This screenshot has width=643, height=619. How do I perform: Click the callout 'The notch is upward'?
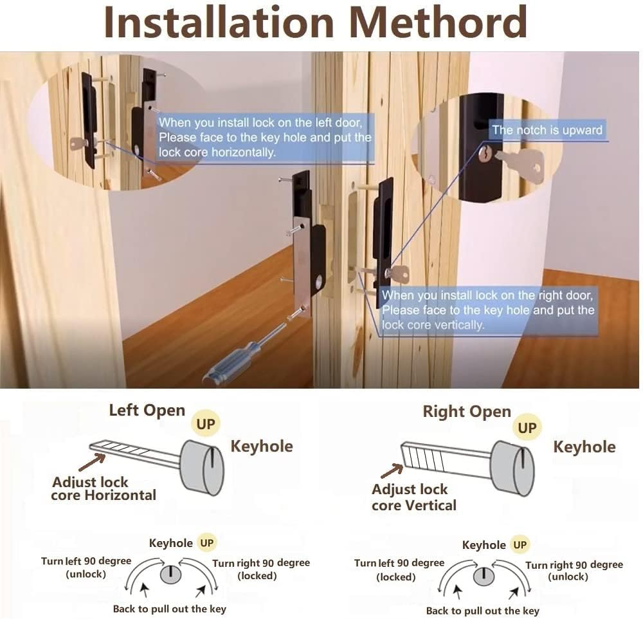[x=547, y=130]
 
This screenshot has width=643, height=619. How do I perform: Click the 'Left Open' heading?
[x=147, y=411]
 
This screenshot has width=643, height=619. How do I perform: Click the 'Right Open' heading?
[x=466, y=412]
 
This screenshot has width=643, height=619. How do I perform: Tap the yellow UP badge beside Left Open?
[x=206, y=423]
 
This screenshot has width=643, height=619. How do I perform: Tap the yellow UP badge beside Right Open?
[x=527, y=427]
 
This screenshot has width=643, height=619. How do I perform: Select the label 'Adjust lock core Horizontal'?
[x=103, y=488]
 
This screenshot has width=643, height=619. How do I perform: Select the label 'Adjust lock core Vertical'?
[x=413, y=497]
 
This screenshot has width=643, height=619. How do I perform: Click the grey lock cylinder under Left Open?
[x=203, y=467]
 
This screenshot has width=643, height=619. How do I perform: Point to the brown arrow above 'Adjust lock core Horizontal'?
[x=91, y=461]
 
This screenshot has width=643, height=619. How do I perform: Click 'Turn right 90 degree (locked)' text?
[x=260, y=569]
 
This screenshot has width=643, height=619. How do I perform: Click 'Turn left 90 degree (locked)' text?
[x=399, y=569]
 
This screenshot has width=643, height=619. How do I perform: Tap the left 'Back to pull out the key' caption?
[x=169, y=609]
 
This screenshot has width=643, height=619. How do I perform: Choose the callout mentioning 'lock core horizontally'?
[x=264, y=137]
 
